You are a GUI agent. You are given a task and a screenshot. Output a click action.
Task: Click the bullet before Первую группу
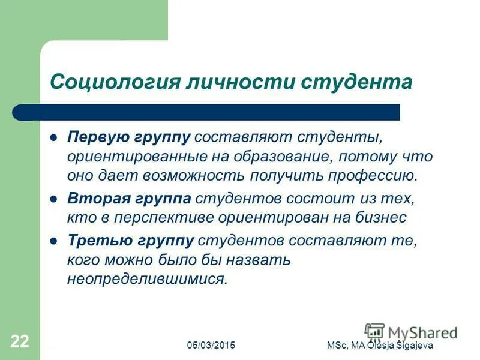click(x=53, y=137)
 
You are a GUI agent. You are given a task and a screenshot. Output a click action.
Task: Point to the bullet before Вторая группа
click(x=53, y=197)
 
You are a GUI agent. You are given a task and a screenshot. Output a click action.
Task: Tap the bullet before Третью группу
click(x=53, y=240)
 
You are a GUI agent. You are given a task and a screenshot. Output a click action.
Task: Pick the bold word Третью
click(x=96, y=240)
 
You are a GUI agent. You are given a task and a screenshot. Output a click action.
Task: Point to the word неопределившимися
click(x=147, y=280)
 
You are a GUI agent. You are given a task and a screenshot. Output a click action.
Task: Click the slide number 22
click(x=19, y=343)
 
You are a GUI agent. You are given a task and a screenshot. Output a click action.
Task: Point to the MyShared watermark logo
click(x=411, y=332)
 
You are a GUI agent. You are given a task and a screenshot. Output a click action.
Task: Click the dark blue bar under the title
click(x=204, y=112)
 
